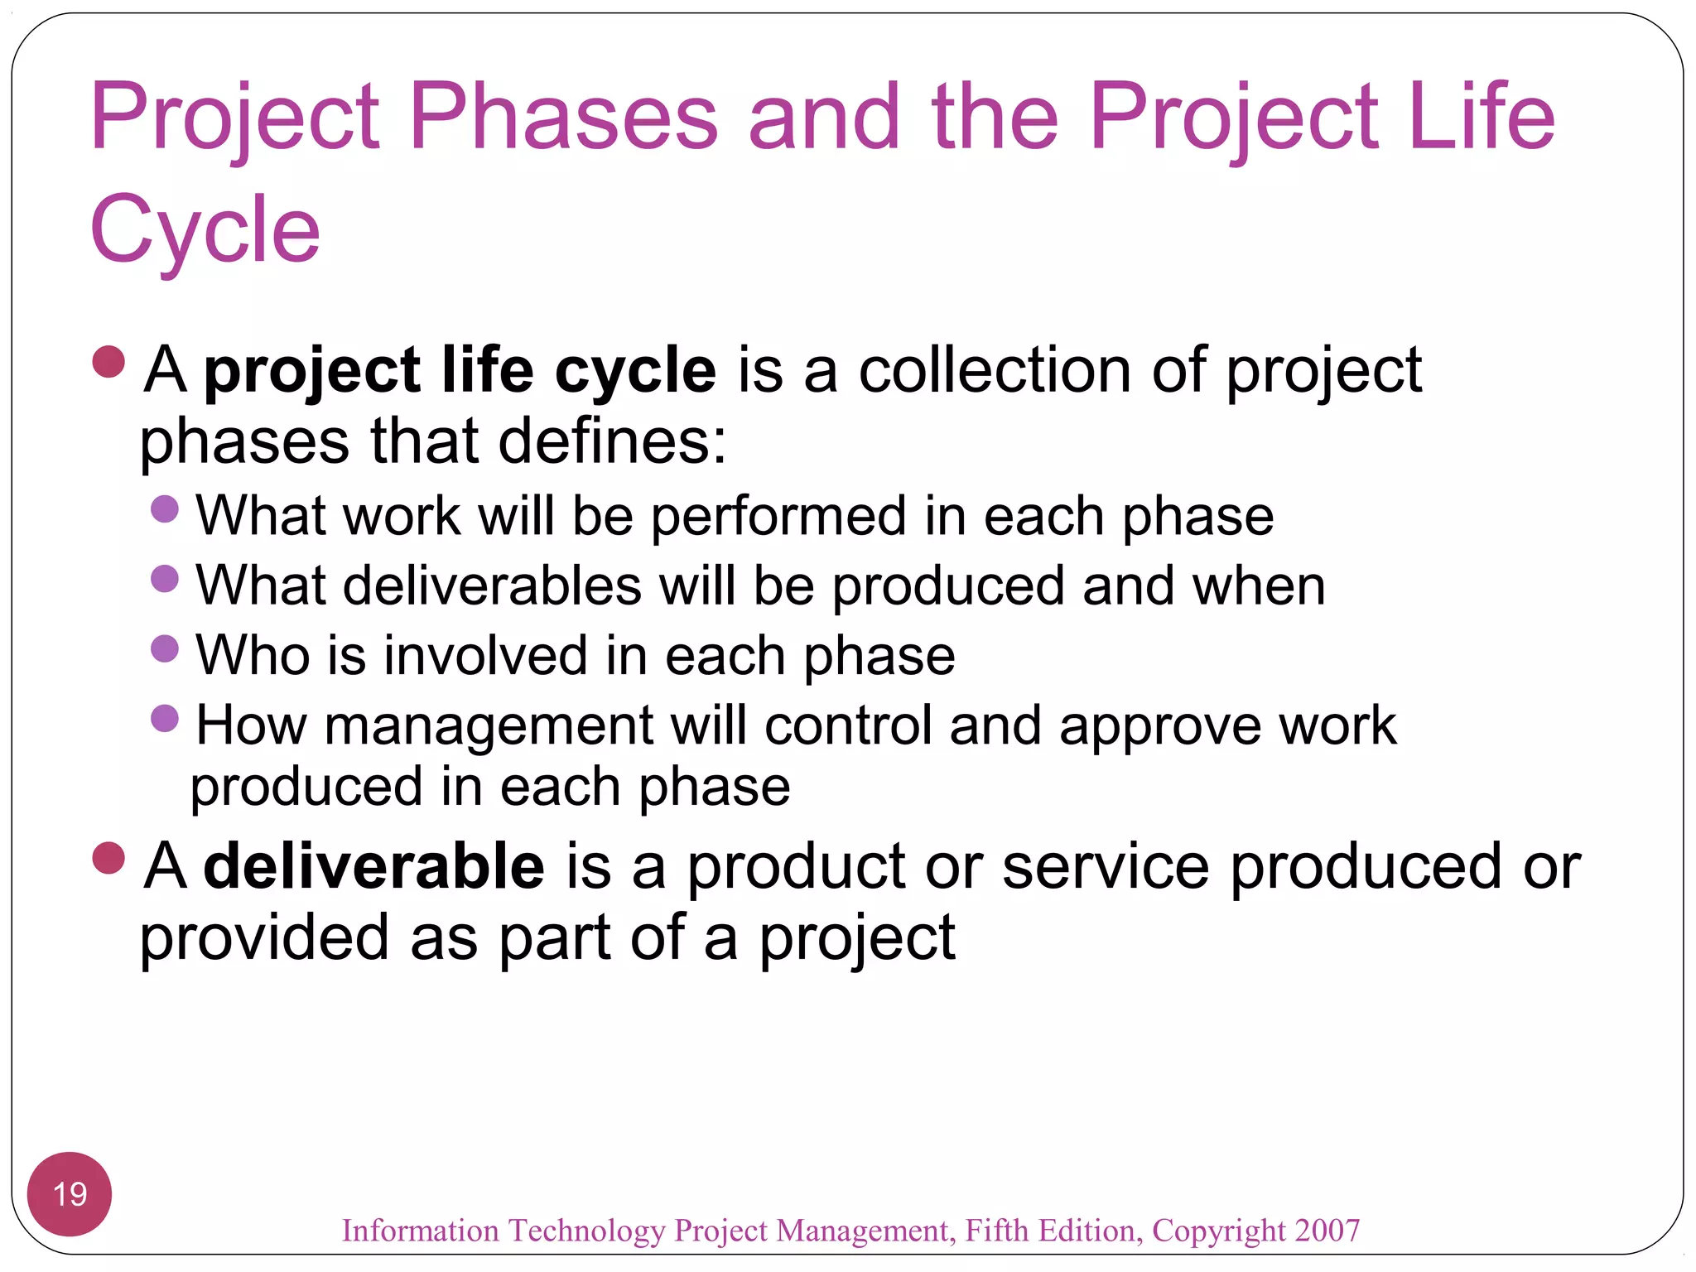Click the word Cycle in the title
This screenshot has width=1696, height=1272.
point(205,229)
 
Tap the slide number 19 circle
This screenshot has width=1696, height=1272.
point(70,1193)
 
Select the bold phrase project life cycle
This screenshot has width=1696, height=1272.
point(460,370)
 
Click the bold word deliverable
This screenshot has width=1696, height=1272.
point(374,866)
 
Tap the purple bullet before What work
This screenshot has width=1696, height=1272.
point(166,508)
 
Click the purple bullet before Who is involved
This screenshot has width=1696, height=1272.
point(166,648)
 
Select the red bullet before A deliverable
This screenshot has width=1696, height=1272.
point(108,858)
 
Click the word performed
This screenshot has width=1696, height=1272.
point(778,517)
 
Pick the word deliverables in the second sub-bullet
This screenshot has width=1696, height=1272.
point(492,586)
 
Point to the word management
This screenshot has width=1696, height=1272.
point(489,726)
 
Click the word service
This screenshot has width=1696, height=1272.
point(1105,866)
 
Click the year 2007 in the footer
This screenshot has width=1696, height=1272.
point(1327,1231)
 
